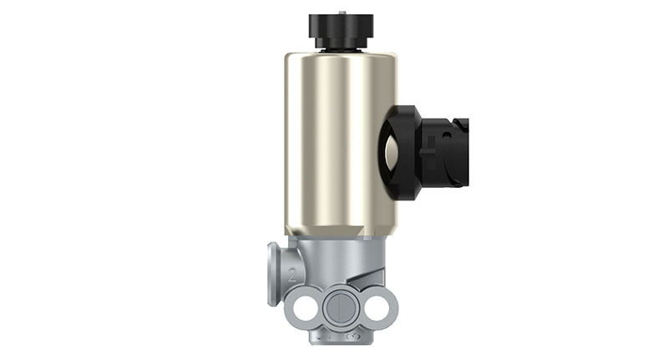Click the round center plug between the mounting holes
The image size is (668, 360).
point(341,307)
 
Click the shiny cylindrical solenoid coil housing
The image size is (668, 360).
point(339,138)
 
